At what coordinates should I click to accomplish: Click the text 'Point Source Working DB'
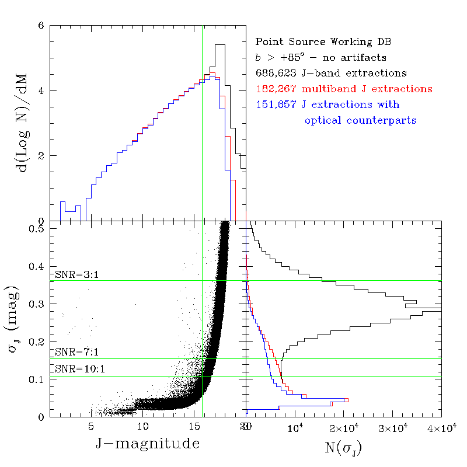click(x=323, y=42)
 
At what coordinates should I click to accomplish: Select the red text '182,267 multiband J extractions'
click(x=344, y=89)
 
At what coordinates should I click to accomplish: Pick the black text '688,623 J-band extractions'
click(x=331, y=74)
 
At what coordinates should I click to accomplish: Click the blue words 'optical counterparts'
click(x=360, y=121)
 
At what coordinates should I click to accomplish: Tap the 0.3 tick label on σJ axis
click(x=37, y=304)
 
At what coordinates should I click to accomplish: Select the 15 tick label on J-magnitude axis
click(x=196, y=426)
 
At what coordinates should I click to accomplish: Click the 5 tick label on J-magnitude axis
click(x=91, y=426)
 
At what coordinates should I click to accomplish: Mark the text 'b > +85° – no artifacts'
click(x=320, y=58)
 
